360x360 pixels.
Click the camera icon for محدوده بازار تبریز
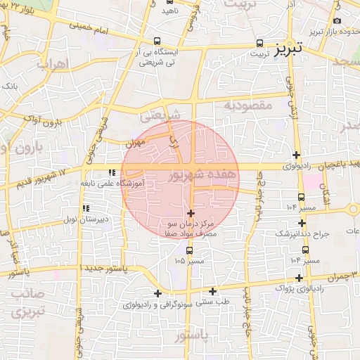(x=338, y=22)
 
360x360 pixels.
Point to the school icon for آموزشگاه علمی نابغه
(x=111, y=172)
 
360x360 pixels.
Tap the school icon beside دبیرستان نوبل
(x=86, y=208)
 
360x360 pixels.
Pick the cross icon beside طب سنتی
(x=212, y=291)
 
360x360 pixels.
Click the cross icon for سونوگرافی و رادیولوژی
(x=157, y=293)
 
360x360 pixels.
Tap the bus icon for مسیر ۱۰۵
(x=189, y=250)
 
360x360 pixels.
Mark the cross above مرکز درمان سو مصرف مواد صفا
(x=191, y=213)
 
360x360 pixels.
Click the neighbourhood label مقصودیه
(x=247, y=105)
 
